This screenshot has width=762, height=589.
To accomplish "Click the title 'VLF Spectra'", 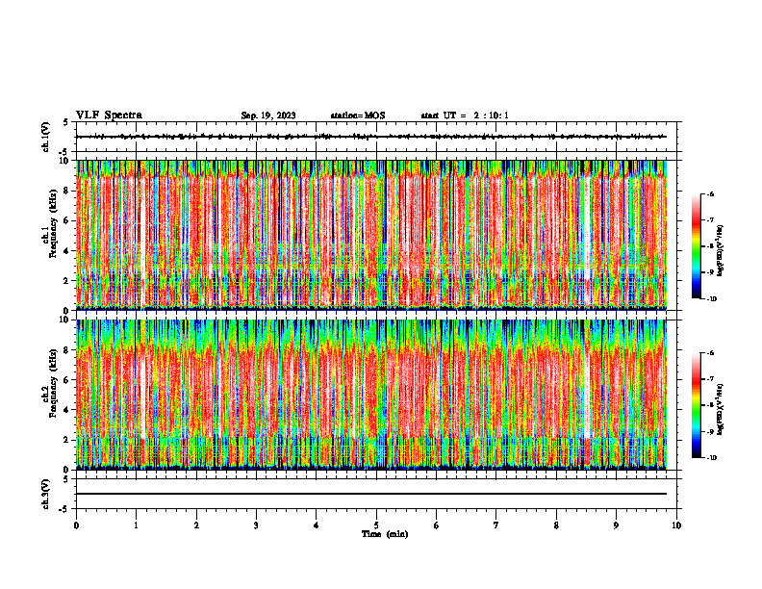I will pos(109,115).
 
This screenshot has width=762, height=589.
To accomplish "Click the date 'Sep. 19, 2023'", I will pos(267,115).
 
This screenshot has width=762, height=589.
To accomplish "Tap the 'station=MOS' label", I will pos(357,115).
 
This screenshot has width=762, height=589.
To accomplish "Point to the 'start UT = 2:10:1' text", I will pos(465,115).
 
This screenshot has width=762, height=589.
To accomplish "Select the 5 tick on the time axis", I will pos(376,525).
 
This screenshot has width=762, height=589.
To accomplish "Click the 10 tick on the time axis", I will pos(676,525).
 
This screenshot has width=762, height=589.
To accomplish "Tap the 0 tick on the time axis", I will pos(76,525).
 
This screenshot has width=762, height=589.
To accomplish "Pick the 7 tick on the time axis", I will pos(496,525).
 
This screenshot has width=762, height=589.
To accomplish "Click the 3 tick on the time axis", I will pos(256,525).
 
